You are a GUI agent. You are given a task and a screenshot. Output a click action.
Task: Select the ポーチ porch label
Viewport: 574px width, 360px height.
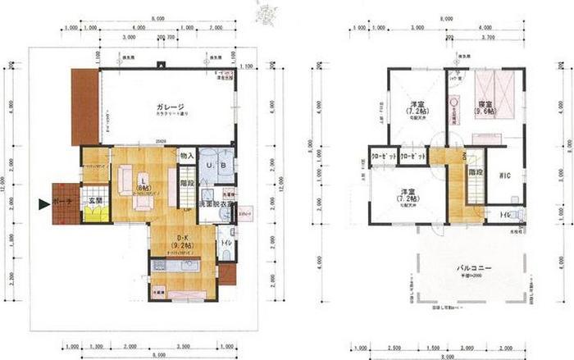[65, 201]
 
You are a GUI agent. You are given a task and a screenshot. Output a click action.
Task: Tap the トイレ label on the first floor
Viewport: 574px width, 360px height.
[225, 244]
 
